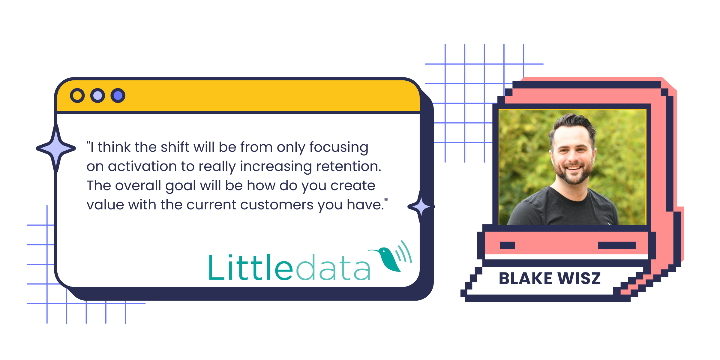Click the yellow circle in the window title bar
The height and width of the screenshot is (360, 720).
77,96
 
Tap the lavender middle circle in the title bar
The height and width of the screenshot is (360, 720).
97,96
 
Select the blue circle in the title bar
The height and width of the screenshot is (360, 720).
118,96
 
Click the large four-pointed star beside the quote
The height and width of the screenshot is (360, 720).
56,148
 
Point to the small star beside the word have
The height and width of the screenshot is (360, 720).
421,206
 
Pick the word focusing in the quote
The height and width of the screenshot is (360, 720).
339,148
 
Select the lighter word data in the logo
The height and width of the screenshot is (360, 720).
333,268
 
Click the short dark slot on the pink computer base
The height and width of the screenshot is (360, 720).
507,245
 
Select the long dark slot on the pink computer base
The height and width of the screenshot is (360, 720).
616,245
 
